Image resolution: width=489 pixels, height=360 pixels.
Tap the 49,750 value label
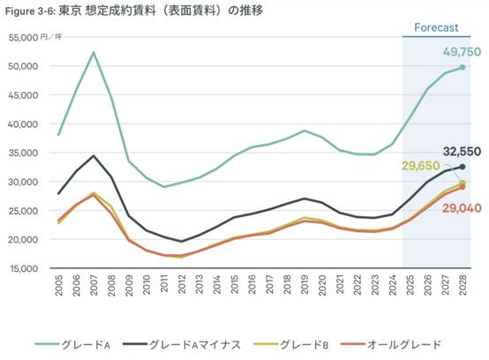pos(459,52)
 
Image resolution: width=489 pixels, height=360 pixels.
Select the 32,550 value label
pos(459,151)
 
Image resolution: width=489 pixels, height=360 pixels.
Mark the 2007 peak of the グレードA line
pos(94,52)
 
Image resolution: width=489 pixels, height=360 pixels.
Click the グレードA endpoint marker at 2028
pos(462,67)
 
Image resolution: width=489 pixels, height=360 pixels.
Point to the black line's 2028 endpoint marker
pos(462,167)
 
